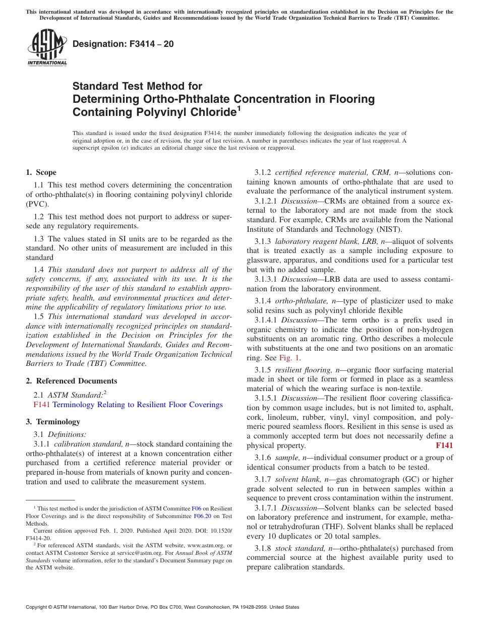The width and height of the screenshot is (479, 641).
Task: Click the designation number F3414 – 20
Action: [123, 44]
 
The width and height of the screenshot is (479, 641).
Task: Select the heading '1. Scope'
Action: [41, 172]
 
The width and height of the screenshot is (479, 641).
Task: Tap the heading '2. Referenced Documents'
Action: [71, 381]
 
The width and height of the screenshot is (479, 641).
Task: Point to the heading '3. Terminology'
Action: [52, 422]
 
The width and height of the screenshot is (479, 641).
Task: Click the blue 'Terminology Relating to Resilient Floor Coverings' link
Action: [137, 405]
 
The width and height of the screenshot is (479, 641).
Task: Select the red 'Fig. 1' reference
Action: [290, 358]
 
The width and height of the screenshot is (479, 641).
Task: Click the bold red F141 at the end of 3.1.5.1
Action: [444, 445]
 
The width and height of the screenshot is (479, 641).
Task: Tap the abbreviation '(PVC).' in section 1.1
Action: [37, 204]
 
